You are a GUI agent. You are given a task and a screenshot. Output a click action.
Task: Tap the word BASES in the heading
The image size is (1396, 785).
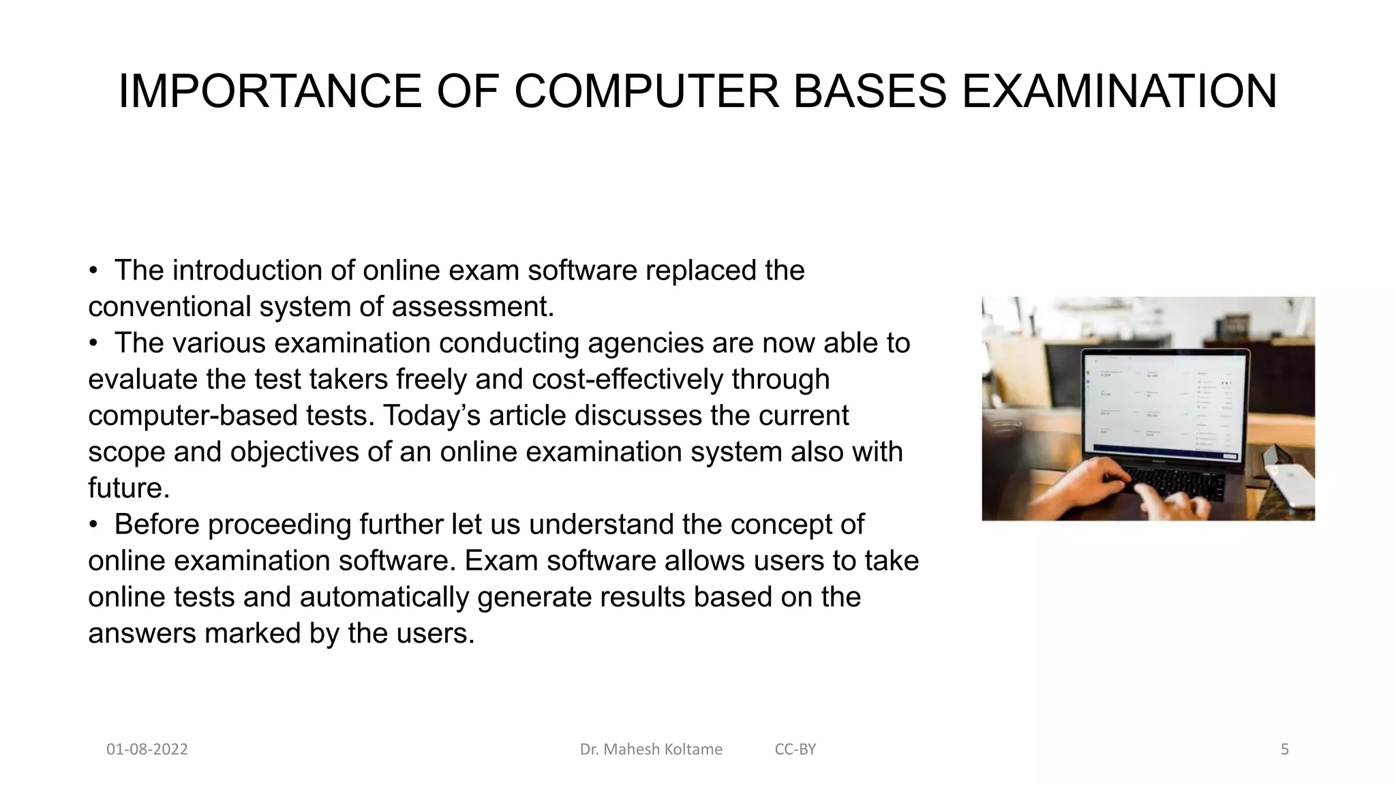[870, 91]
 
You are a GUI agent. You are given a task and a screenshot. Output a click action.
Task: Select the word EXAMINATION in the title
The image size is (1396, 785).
[1119, 91]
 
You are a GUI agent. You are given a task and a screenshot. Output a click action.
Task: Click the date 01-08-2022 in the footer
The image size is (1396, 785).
[147, 750]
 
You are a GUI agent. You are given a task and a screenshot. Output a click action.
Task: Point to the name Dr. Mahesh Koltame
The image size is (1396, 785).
[651, 750]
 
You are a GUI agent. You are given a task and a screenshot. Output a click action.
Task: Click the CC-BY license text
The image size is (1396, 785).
[795, 750]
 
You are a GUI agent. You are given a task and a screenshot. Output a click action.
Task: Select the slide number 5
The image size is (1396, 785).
[1284, 750]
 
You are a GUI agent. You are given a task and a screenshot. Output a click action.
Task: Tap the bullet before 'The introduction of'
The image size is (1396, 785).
[94, 271]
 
